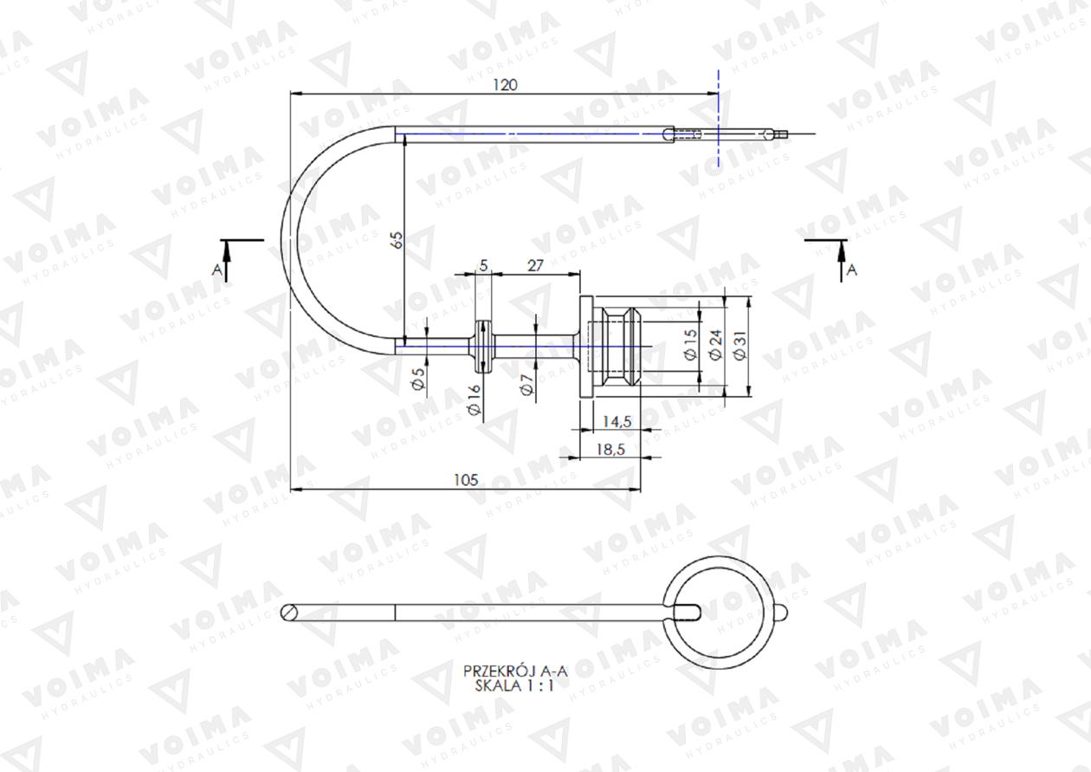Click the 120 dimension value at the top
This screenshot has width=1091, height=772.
(505, 85)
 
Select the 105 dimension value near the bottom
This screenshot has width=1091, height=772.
(466, 480)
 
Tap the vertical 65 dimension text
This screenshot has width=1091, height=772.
(398, 240)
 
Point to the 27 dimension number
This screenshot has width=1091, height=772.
(535, 266)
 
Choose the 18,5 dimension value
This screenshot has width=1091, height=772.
(610, 449)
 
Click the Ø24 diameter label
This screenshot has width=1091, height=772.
(715, 345)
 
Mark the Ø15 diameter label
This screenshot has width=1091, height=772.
(691, 345)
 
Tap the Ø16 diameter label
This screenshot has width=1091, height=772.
(474, 399)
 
